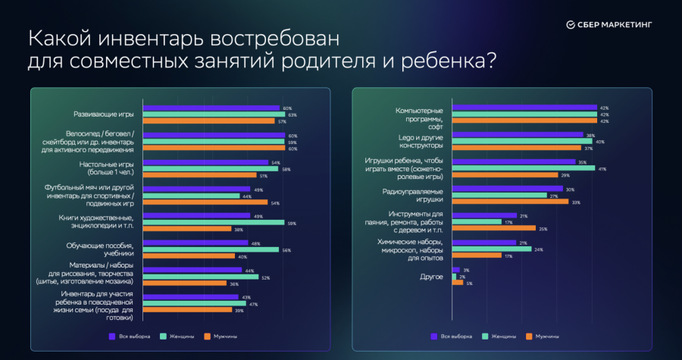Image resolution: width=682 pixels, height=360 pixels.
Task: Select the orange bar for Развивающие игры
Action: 208,121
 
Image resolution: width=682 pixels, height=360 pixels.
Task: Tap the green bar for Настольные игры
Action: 210,168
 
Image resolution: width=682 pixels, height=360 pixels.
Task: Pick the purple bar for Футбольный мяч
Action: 196,189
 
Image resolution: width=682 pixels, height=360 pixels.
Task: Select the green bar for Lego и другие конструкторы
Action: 522,141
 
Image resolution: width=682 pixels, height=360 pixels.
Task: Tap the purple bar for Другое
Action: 455,270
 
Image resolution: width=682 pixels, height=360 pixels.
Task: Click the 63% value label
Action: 292,114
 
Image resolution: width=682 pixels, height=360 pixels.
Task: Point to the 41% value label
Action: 602,168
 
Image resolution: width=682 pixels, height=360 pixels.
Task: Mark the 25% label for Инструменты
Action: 543,228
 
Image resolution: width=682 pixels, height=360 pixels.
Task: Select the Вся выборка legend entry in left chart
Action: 130,335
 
